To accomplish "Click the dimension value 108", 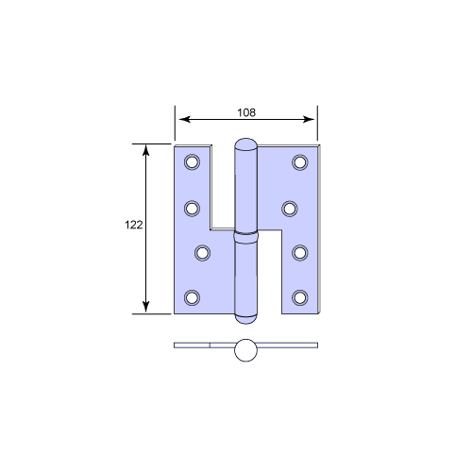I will coord(244,111).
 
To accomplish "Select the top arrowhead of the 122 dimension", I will coord(145,150).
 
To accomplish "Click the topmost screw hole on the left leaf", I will coord(193,161).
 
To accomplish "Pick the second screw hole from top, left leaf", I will coord(193,207).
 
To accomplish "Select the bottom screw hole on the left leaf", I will coord(193,298).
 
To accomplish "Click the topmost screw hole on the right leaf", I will coord(300,161).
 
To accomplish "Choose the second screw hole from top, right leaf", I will coord(292,207).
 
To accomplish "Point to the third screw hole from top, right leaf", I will coord(300,252).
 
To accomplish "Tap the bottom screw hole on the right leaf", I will coord(300,298).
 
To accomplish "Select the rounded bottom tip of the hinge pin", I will coord(245,313).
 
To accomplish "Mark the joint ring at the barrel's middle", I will coord(245,235).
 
